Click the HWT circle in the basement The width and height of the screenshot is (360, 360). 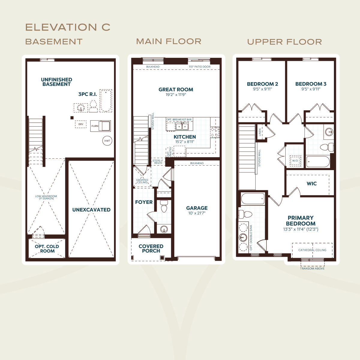107,141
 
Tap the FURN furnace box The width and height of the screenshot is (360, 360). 100,126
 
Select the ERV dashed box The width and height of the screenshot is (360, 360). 81,124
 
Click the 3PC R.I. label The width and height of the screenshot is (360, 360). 88,94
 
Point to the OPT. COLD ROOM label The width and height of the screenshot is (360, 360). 47,249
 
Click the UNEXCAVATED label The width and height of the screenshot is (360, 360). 91,210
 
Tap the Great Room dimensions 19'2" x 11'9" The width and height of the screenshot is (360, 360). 176,94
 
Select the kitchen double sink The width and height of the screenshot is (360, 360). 182,126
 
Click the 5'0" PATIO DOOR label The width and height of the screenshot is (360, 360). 200,67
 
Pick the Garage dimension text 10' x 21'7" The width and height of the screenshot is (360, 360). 197,213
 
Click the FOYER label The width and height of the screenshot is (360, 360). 144,202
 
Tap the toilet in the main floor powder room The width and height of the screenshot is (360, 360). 164,206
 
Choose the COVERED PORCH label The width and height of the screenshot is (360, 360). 151,248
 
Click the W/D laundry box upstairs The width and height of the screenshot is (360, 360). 295,161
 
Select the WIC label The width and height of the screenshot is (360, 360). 312,184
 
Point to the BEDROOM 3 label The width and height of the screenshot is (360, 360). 311,84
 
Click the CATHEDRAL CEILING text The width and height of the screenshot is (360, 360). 312,250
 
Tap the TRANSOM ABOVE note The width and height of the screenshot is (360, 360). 312,268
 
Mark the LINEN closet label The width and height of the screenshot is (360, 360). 260,132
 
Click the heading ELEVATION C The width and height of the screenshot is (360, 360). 68,27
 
